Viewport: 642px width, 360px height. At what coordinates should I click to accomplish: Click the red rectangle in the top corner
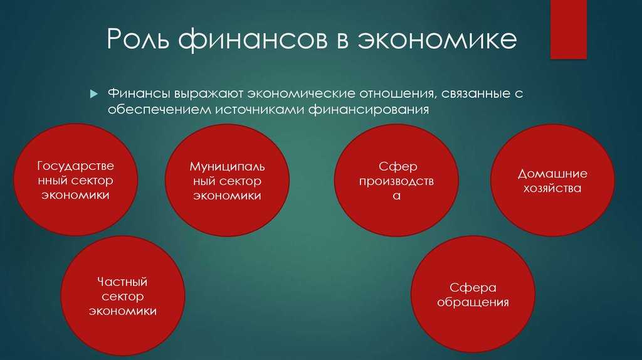[568, 29]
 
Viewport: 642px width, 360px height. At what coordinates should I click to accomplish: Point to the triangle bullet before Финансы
[93, 94]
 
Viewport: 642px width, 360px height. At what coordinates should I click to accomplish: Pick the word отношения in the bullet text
[391, 93]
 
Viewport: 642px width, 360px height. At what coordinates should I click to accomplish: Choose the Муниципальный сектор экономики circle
[227, 181]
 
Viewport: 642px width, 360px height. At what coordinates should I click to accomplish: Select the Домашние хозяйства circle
[552, 181]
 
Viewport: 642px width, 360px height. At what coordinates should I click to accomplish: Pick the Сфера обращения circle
[473, 295]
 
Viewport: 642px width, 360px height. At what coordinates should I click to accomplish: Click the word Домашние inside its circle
[552, 173]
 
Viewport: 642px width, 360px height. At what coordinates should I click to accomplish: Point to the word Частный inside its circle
[122, 282]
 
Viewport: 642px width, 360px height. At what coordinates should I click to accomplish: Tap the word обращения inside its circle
[473, 302]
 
